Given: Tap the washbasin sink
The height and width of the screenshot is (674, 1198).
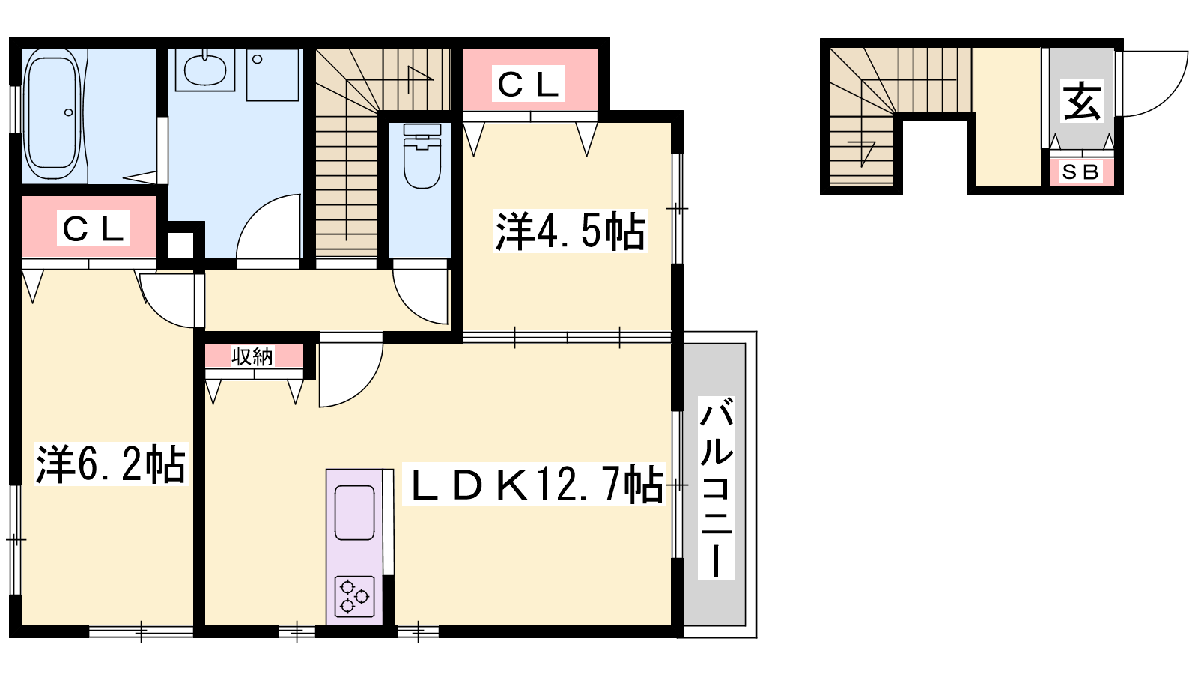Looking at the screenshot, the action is point(205,70).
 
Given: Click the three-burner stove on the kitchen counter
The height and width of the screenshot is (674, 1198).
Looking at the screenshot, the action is point(354,596).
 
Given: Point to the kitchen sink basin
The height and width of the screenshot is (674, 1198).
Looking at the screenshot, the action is point(354,512).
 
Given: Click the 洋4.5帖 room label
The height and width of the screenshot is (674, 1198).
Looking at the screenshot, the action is point(571,231).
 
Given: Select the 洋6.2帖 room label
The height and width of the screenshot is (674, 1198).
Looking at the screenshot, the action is point(111,464).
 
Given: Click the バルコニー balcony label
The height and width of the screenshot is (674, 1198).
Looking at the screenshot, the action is point(716,488).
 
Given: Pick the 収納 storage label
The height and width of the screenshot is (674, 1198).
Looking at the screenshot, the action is point(252,356).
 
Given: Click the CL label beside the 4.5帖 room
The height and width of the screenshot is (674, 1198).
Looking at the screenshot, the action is point(529,83).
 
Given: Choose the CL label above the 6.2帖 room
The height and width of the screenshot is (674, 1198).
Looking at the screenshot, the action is point(94,228).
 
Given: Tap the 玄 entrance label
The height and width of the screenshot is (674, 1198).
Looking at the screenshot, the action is point(1082,100).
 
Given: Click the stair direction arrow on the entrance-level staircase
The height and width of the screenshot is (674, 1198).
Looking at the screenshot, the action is point(861,153).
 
